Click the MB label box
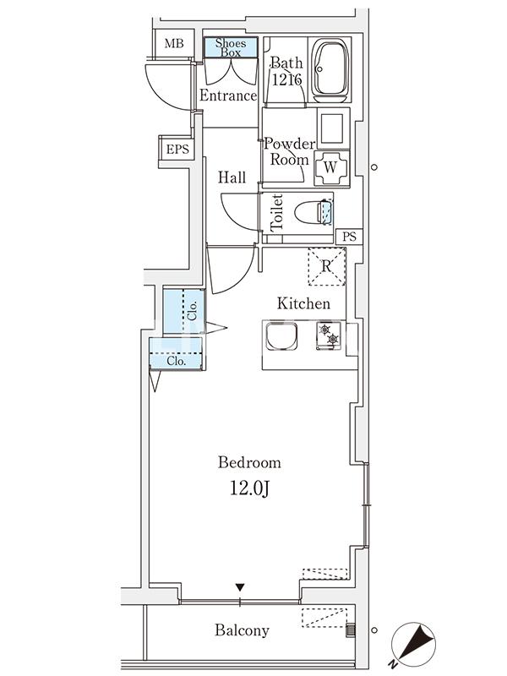(173, 44)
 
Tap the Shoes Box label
(231, 47)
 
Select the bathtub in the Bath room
(330, 69)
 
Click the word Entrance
(227, 95)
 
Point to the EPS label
(177, 150)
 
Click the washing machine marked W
(331, 167)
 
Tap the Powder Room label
(290, 151)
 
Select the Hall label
(232, 178)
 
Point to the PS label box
(349, 236)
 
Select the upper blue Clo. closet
(183, 311)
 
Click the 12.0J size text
(249, 488)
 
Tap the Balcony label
(242, 630)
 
